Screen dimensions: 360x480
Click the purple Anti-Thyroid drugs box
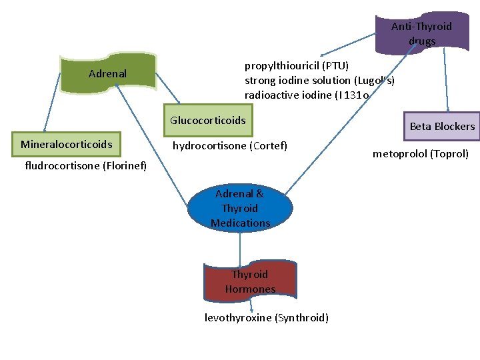tap(422, 33)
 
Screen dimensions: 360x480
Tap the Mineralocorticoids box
tap(66, 144)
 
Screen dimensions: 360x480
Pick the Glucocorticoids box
tap(208, 121)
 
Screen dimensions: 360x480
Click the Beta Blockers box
tap(441, 126)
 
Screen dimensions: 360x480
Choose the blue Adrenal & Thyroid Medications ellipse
tap(240, 208)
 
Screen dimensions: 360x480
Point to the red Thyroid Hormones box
tap(250, 282)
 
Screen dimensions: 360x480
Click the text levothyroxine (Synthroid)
tap(267, 318)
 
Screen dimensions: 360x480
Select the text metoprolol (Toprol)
tap(421, 154)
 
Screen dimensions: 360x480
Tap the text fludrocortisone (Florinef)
tap(85, 165)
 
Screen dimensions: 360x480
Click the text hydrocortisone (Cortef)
tap(230, 145)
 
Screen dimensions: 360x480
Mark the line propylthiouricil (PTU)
tap(296, 65)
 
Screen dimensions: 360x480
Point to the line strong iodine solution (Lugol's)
tap(319, 80)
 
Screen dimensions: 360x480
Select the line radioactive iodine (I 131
tap(307, 95)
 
